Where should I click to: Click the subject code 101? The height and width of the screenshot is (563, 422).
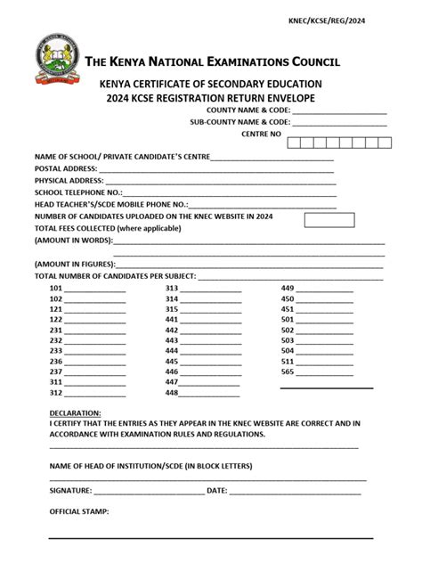[x=56, y=289]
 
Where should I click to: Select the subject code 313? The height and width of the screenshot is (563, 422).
[x=172, y=289]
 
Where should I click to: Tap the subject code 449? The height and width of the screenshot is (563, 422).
[x=288, y=289]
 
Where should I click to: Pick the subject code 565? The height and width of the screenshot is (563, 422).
[x=288, y=371]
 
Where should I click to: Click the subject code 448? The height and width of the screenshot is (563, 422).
[x=172, y=392]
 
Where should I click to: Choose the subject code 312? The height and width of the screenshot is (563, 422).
[x=56, y=392]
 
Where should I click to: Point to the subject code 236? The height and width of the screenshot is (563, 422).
[x=56, y=361]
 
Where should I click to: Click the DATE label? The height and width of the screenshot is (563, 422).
[x=216, y=491]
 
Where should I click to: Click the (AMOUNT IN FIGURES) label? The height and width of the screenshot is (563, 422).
[x=76, y=265]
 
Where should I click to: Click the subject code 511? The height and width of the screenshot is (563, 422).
[x=288, y=361]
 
